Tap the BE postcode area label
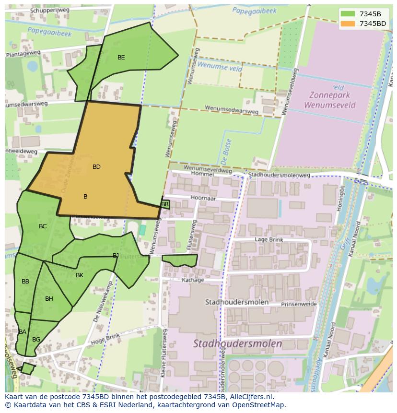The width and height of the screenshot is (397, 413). tap(121, 58)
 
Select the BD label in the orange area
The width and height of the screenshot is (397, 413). tap(96, 167)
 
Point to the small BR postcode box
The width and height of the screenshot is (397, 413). tap(165, 204)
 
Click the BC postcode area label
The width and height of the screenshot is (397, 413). tap(43, 226)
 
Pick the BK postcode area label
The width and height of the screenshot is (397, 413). tap(80, 275)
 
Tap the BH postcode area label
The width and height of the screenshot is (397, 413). tap(49, 299)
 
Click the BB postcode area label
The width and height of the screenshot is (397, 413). tap(25, 282)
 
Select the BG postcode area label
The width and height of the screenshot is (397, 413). tap(36, 340)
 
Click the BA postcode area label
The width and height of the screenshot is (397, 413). tap(23, 332)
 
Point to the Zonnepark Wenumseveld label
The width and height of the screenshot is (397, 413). tap(332, 100)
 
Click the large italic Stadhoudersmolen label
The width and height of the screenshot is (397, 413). tap(237, 343)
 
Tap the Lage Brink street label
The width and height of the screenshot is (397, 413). tap(269, 240)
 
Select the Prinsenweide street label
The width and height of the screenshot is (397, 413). tap(299, 304)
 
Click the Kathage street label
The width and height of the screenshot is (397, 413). tap(193, 280)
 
